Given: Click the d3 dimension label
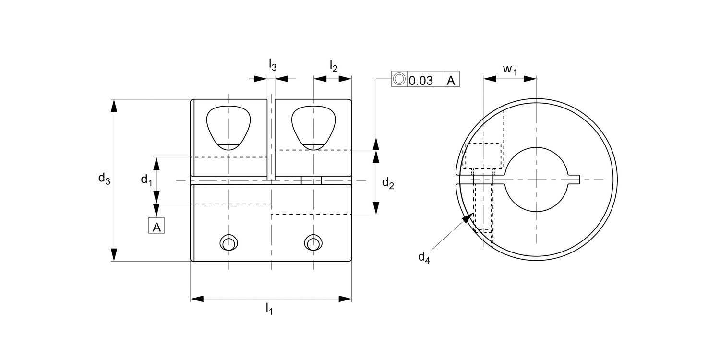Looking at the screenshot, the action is pyautogui.click(x=104, y=179).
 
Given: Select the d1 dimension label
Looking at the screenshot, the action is pyautogui.click(x=146, y=180).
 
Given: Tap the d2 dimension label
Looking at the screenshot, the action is pyautogui.click(x=388, y=183).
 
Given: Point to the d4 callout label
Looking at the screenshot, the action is pyautogui.click(x=424, y=257).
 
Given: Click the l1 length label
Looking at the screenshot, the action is pyautogui.click(x=269, y=309).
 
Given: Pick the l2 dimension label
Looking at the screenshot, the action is pyautogui.click(x=333, y=66).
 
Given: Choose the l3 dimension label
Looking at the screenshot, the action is pyautogui.click(x=273, y=65).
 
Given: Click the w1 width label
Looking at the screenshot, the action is pyautogui.click(x=510, y=70).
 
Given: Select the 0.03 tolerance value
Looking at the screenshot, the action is pyautogui.click(x=421, y=80).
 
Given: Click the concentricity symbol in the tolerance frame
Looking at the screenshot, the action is pyautogui.click(x=399, y=79).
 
